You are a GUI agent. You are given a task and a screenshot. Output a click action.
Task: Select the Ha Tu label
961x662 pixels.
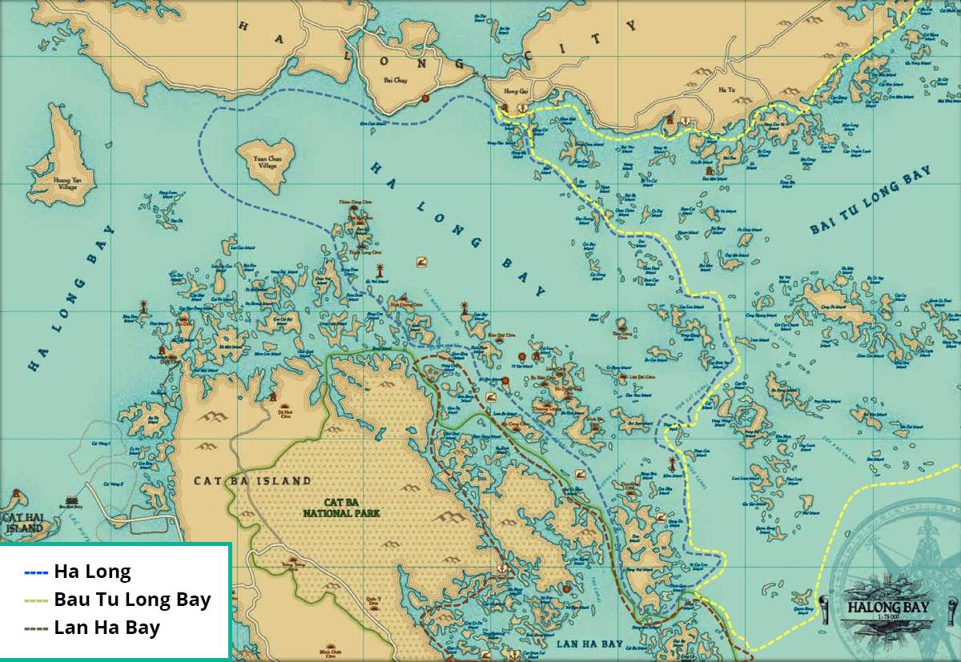tap(726, 90)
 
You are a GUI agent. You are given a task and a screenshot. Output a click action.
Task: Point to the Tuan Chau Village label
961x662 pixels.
tap(267, 162)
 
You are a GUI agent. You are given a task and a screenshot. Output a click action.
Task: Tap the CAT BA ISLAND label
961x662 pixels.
tap(252, 481)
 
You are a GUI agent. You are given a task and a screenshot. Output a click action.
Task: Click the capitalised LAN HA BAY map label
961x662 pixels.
tap(589, 644)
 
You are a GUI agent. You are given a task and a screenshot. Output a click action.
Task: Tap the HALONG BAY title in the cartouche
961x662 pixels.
tap(887, 607)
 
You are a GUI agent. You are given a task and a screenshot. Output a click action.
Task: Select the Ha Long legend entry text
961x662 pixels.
tap(92, 572)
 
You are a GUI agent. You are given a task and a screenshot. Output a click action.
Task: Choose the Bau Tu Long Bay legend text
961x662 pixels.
tap(132, 600)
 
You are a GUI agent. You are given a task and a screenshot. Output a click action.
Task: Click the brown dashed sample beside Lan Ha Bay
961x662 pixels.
tap(37, 628)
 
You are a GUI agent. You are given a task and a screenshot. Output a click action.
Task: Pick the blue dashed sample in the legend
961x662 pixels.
tap(37, 572)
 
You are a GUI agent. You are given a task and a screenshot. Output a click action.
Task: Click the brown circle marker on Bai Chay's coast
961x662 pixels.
tap(425, 98)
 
